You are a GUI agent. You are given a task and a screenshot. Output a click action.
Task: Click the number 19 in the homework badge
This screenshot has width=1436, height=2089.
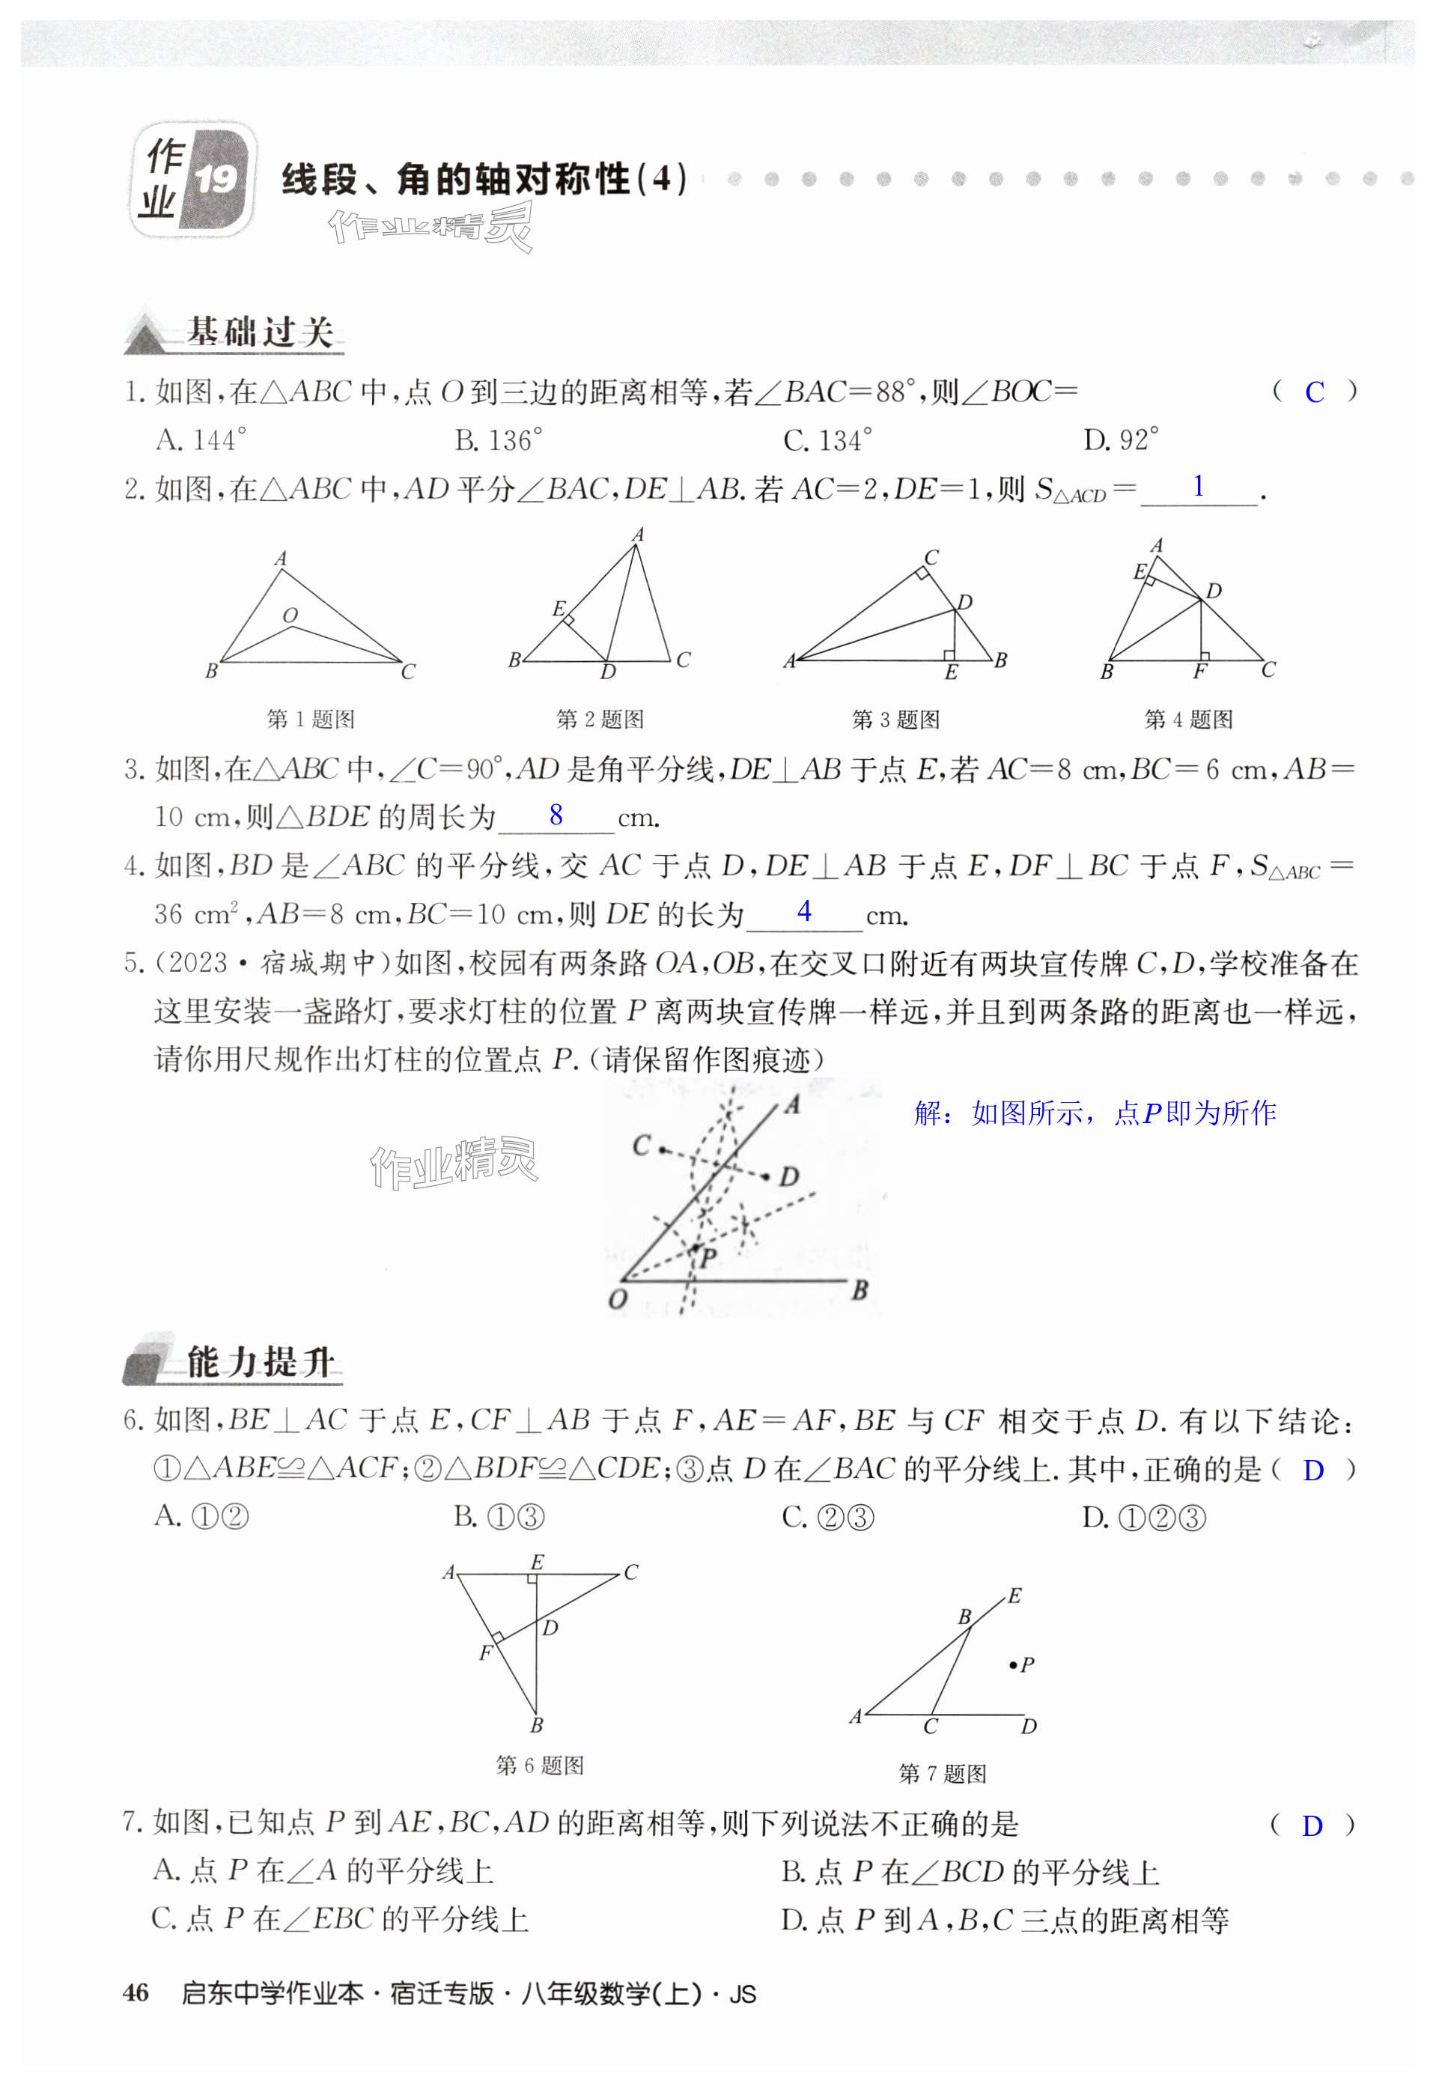[216, 180]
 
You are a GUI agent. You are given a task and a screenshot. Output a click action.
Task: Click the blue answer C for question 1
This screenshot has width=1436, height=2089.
[1314, 392]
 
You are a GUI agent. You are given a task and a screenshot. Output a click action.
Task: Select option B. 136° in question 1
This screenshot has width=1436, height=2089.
[499, 440]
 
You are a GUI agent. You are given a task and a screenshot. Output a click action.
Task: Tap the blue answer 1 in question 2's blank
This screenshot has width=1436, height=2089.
[1199, 487]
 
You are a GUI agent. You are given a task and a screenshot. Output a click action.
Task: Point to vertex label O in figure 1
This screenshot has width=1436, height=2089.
[290, 615]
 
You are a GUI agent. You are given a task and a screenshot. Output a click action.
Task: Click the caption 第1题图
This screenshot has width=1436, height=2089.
[311, 719]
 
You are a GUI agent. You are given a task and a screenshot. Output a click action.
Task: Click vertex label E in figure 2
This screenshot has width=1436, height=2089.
[558, 608]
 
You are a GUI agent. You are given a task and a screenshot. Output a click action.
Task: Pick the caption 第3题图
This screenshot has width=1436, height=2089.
[895, 719]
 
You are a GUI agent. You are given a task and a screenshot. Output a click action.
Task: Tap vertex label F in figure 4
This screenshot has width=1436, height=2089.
[1199, 671]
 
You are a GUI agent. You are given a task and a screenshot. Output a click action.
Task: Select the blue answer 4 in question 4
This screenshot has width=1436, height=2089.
[804, 911]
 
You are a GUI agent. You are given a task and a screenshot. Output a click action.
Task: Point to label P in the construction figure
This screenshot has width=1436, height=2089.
[708, 1258]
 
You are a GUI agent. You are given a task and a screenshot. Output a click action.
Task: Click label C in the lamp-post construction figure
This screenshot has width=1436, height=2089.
[641, 1146]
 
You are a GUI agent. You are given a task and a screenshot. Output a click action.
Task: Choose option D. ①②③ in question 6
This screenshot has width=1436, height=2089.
[1143, 1518]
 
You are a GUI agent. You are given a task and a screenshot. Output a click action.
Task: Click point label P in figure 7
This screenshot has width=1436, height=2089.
[1026, 1664]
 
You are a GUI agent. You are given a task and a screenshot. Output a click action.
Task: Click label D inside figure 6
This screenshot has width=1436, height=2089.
[550, 1628]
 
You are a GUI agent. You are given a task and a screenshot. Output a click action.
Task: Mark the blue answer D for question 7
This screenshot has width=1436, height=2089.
[1312, 1825]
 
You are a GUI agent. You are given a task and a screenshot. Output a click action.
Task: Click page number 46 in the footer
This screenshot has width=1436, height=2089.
[135, 1992]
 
